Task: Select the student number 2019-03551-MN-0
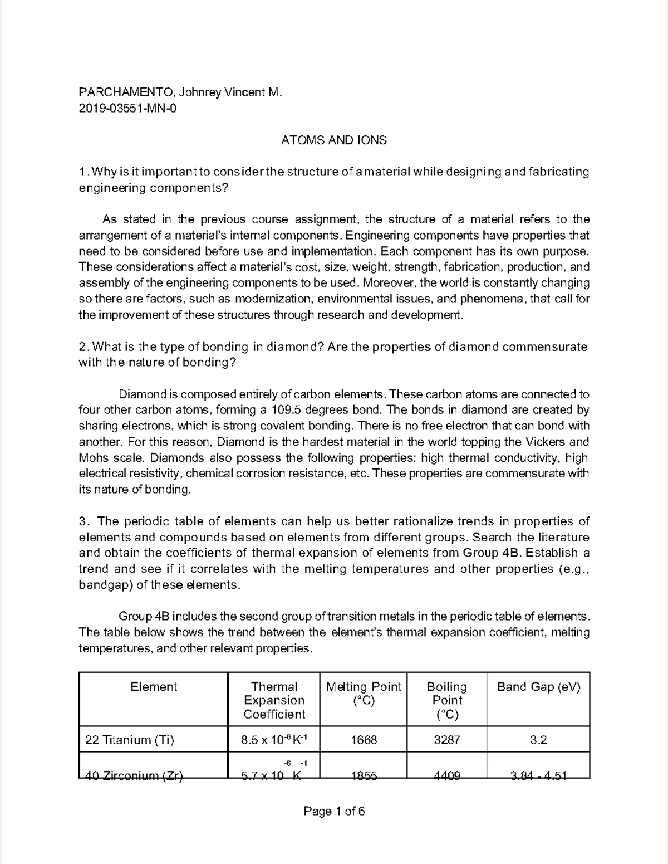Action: tap(127, 109)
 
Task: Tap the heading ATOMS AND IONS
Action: tap(333, 140)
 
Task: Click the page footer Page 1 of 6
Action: tap(334, 811)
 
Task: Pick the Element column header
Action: tap(154, 687)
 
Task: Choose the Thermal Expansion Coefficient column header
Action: tap(274, 700)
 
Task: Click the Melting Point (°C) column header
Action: tap(364, 694)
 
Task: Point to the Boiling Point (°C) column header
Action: tap(446, 700)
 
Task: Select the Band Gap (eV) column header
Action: tap(538, 687)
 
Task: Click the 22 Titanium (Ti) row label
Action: tap(129, 740)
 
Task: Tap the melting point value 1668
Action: tap(364, 740)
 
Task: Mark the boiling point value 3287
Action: tap(446, 740)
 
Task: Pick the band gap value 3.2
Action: tap(538, 740)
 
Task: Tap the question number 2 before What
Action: tap(82, 347)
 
